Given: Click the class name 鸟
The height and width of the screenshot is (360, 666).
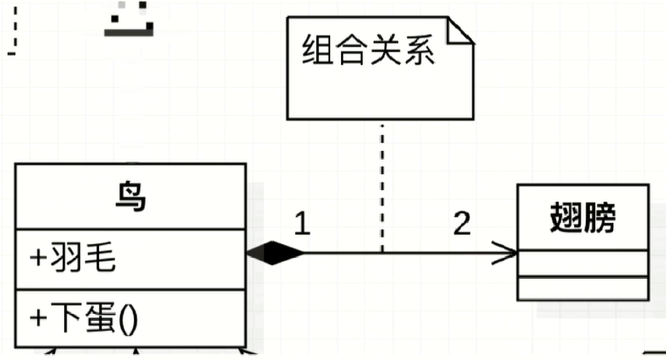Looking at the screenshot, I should (x=130, y=198).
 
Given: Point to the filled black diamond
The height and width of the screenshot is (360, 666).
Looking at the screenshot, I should (x=275, y=253).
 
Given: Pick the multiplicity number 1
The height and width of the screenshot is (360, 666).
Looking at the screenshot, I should (x=303, y=224).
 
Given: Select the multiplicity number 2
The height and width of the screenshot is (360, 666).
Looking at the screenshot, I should (x=461, y=224).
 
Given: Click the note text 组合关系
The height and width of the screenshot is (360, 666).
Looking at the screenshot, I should (x=369, y=51).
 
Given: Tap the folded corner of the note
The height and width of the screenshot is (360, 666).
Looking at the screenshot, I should (x=460, y=32).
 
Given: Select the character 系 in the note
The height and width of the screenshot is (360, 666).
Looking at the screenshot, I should (x=419, y=51).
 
